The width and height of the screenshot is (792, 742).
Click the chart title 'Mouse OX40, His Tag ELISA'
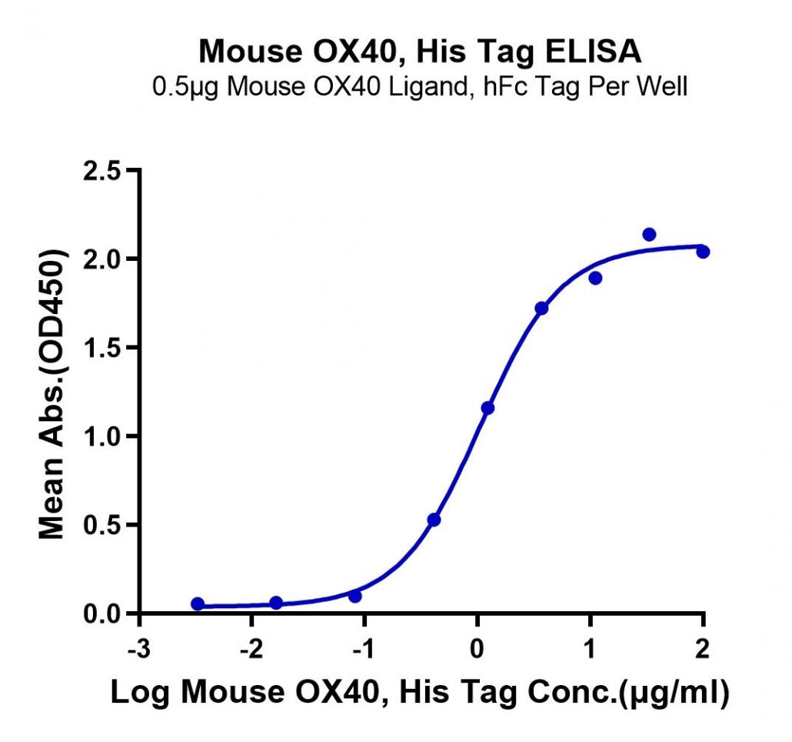420,51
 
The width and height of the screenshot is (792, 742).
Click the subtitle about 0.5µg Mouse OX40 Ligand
420,87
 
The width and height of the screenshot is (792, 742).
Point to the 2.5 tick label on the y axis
101,172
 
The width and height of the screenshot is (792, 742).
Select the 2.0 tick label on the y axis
101,259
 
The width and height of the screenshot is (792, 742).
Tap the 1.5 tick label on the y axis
101,348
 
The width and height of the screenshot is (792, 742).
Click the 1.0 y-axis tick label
101,436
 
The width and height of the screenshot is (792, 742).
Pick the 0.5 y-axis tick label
101,525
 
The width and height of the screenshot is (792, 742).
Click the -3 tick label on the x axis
139,649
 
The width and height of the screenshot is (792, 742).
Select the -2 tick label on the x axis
251,649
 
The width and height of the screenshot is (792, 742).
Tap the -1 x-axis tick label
364,649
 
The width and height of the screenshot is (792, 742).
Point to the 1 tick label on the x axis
591,649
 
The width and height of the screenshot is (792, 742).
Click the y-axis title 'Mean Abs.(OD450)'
52,394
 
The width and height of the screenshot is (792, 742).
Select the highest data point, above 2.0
649,234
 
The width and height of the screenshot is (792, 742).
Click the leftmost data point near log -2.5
198,603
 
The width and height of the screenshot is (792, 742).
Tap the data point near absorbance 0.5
434,520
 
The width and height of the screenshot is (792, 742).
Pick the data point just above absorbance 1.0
488,408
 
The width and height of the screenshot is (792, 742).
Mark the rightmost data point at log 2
703,251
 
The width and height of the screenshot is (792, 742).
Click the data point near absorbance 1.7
541,308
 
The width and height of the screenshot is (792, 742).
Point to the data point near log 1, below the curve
595,278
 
